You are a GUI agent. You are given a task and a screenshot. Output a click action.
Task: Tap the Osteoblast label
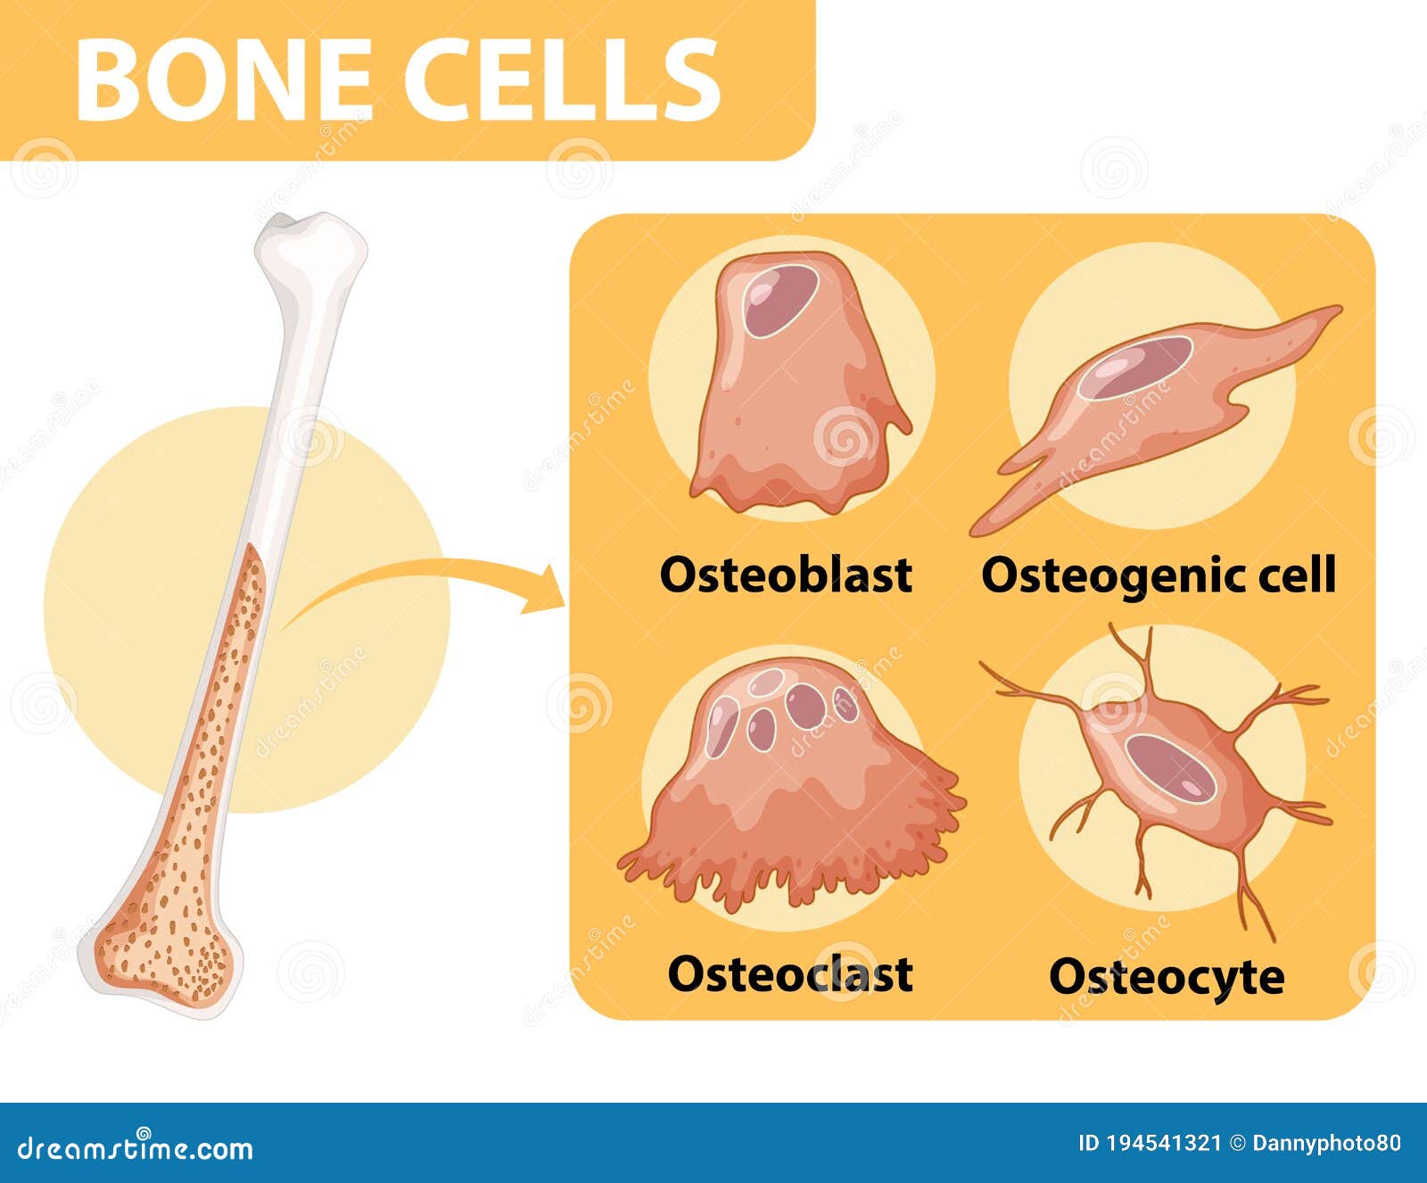point(786,575)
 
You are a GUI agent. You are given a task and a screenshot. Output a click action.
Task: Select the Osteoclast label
point(789,973)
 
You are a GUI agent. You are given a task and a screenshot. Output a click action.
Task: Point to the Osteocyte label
point(1166,977)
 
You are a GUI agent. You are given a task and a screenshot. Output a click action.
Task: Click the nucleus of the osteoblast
point(780,300)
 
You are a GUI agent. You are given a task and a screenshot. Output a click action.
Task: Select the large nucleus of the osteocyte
point(1171,767)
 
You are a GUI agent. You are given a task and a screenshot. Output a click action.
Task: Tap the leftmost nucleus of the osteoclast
point(722,725)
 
